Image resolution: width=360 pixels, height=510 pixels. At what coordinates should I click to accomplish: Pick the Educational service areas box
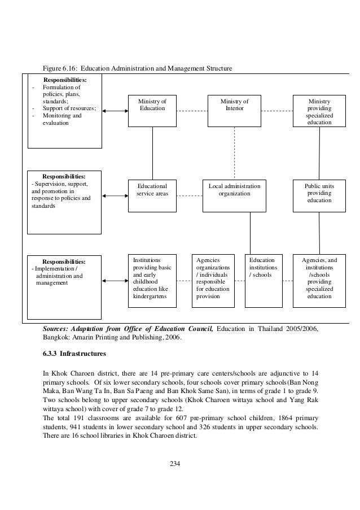coord(152,196)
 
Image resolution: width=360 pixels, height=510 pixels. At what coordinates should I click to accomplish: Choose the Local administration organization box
coord(234,196)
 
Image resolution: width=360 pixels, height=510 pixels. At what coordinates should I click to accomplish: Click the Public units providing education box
coord(319,196)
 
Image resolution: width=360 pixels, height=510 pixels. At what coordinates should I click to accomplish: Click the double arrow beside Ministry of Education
coord(115,111)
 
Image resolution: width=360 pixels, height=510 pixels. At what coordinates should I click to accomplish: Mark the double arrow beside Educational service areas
coord(115,196)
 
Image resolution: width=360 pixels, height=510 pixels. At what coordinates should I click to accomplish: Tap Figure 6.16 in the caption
coord(60,69)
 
